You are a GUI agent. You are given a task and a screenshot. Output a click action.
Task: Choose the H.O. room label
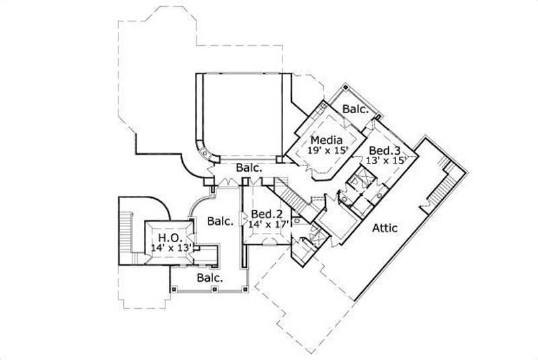click(167, 238)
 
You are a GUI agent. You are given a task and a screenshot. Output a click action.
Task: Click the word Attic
click(385, 228)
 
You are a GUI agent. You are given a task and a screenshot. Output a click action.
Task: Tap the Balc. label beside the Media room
click(355, 108)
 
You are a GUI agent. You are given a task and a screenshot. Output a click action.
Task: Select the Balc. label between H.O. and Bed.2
click(220, 221)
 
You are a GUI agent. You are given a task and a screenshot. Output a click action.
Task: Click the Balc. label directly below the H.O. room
click(210, 277)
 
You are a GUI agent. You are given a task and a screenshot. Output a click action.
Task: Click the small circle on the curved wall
click(205, 153)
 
